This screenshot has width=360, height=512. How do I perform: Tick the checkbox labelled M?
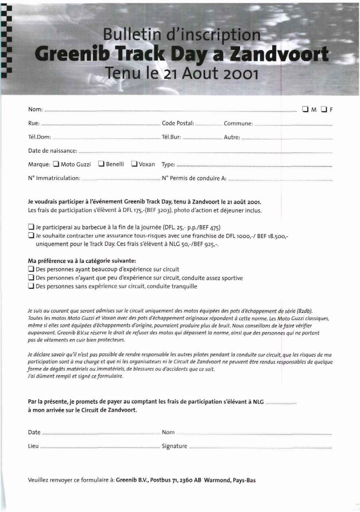[x=305, y=109]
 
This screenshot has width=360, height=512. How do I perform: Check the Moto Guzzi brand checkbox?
[x=56, y=164]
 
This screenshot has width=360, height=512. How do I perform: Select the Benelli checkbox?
[x=101, y=164]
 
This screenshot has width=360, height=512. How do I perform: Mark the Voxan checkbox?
[x=134, y=164]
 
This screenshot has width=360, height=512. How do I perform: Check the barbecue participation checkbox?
[x=31, y=227]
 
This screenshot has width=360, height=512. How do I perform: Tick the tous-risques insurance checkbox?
[x=31, y=236]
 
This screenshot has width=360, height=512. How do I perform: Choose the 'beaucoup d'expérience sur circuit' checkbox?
[x=31, y=269]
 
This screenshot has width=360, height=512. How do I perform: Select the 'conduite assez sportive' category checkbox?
[x=31, y=278]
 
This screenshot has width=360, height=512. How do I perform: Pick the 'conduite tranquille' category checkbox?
[x=31, y=286]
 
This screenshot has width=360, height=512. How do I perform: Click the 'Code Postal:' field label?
[x=178, y=123]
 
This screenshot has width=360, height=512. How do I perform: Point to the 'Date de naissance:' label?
[x=52, y=151]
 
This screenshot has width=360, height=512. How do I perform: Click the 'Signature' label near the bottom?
[x=175, y=446]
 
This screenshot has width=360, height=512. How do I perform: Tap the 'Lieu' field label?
[x=33, y=446]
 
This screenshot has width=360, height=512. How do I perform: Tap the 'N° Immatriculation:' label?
[x=54, y=178]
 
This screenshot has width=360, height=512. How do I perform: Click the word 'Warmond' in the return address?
[x=216, y=480]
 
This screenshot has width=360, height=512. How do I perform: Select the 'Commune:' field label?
[x=238, y=123]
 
